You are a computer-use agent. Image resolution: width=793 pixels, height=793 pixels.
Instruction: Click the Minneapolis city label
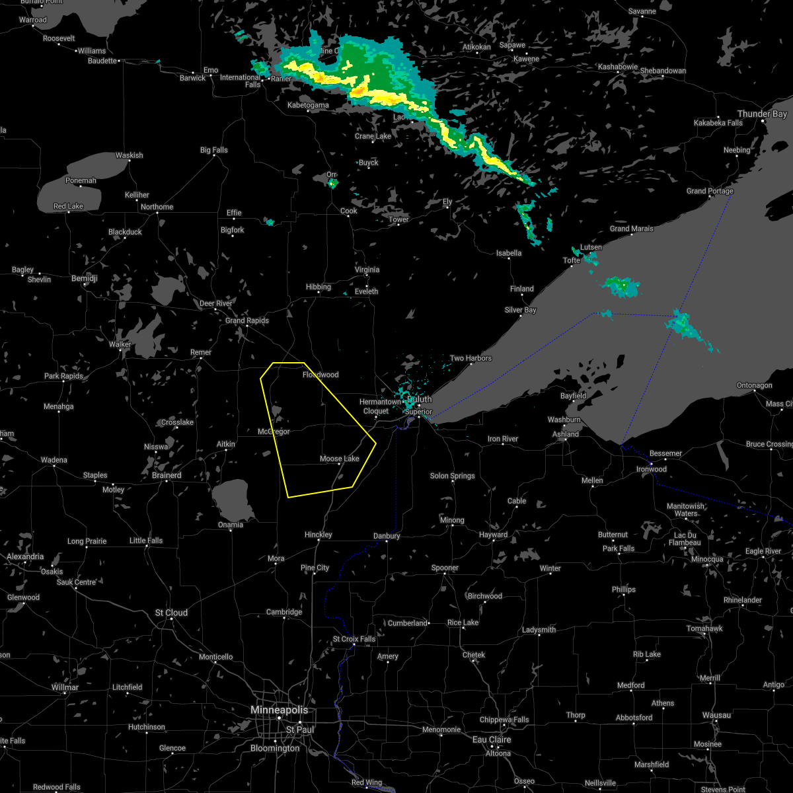coord(280,710)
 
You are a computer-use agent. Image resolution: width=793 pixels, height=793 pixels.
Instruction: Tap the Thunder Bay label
coord(762,114)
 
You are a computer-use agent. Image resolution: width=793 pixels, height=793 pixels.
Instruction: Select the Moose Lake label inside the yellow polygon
coord(339,459)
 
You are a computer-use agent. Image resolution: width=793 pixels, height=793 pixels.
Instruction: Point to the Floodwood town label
coord(321,375)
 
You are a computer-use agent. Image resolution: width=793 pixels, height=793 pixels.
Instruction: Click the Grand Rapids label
coord(247,321)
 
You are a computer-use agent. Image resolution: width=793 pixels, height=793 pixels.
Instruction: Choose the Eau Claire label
coord(492,739)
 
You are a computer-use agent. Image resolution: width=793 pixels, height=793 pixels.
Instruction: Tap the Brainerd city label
coord(167,475)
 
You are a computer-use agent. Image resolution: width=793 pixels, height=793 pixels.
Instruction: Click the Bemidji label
coord(84,279)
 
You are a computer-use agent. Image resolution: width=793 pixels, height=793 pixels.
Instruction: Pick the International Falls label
coord(241,81)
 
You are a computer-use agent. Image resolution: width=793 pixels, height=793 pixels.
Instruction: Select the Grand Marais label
coord(631,229)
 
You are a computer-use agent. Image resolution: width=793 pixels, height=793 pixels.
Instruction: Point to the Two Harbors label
coord(471,358)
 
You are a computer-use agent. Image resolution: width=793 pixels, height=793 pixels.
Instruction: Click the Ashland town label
coord(566,434)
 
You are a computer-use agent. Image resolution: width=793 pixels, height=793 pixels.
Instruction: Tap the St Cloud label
coord(171,613)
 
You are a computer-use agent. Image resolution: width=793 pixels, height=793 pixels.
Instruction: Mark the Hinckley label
coord(319,535)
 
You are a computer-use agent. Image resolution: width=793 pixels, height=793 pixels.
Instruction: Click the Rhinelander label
coord(743,600)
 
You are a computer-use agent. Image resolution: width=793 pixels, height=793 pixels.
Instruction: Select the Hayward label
coord(493,535)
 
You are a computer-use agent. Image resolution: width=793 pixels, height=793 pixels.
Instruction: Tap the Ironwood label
coord(652,469)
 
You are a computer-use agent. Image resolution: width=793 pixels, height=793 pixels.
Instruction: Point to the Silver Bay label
coord(521,310)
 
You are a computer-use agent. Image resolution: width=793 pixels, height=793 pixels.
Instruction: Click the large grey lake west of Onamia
coord(233,499)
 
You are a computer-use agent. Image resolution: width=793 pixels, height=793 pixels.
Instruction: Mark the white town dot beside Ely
coord(449,208)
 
